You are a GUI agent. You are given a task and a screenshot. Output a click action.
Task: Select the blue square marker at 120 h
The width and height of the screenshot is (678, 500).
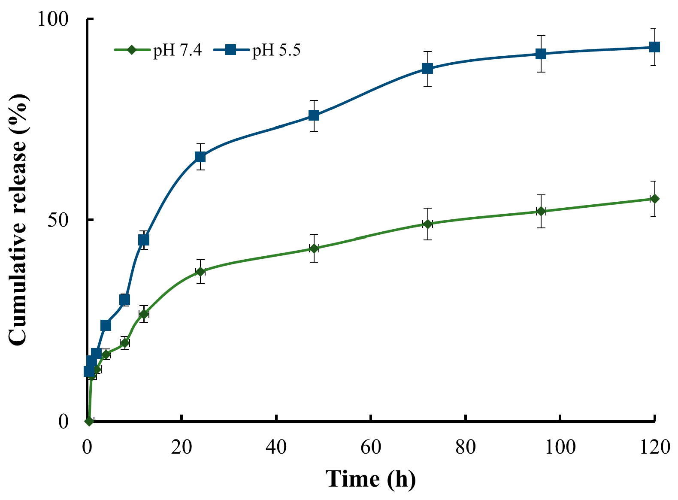click(654, 47)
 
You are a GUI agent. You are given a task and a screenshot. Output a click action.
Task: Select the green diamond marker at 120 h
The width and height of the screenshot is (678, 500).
click(654, 199)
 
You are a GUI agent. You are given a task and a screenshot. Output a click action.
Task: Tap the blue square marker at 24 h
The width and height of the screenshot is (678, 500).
click(200, 157)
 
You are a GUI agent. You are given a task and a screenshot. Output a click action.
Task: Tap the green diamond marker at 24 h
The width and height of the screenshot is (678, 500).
click(200, 271)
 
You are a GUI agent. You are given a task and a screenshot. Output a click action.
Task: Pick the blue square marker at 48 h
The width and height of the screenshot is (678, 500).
click(314, 115)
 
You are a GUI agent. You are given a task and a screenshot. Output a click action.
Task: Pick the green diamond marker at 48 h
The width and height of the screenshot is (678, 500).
click(314, 248)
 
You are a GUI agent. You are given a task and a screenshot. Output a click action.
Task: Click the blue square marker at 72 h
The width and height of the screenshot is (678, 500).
click(427, 68)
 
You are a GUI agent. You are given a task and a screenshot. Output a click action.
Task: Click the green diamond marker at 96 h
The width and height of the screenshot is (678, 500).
click(541, 211)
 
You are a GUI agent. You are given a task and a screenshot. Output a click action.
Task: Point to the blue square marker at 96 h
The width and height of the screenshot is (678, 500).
click(541, 54)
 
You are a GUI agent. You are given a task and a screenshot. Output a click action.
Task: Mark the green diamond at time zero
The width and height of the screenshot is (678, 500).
click(89, 421)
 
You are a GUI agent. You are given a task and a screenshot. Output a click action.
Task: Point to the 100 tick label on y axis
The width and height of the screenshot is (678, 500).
click(53, 19)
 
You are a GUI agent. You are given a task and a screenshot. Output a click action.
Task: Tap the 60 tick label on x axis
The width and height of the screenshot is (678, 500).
click(371, 447)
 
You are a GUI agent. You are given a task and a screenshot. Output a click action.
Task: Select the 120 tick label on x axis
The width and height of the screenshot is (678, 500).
click(654, 447)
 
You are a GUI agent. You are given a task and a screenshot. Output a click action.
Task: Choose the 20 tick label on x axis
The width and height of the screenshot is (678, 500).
click(182, 447)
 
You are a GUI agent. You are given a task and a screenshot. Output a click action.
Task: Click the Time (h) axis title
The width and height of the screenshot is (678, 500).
click(370, 479)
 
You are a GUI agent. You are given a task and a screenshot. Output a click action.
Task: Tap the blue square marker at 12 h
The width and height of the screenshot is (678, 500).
click(144, 240)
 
